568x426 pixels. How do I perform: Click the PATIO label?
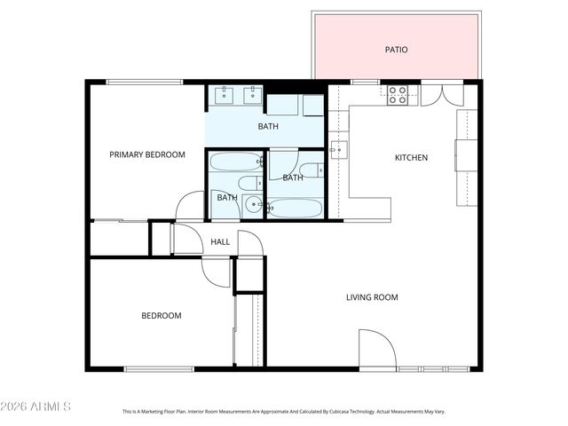point(396,50)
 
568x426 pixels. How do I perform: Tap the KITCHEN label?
point(411,158)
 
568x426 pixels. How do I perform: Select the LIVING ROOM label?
point(372,297)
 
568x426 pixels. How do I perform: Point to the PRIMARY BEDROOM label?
point(147,154)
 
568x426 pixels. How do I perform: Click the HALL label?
point(220,241)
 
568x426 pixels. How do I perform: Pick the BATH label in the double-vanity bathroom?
point(268,126)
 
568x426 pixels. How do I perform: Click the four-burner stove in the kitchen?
point(398,95)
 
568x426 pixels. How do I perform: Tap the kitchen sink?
point(338,150)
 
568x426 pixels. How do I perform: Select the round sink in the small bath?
point(254,206)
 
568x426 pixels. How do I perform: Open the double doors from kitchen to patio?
point(442,94)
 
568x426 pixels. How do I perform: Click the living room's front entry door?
point(375,348)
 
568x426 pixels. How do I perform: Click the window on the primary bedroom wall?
point(145,83)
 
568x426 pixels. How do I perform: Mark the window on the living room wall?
point(434,368)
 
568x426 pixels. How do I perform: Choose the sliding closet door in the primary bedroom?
point(119,220)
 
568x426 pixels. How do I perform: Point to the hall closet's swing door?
point(185,240)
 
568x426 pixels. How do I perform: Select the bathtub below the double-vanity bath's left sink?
point(235,162)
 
